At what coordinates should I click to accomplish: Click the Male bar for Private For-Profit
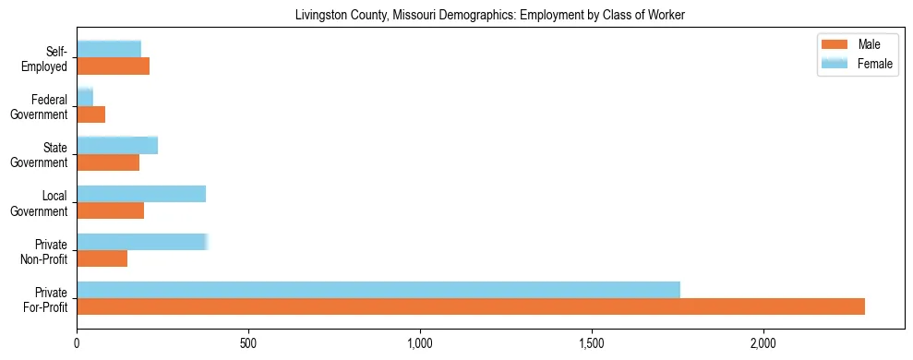471,306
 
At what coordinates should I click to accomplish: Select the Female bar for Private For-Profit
378,290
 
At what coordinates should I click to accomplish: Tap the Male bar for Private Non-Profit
102,258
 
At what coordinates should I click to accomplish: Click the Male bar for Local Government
111,210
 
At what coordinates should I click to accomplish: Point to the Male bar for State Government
108,162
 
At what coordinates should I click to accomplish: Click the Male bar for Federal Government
91,114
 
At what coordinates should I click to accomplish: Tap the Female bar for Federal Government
85,98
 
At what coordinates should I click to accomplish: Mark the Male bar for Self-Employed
114,66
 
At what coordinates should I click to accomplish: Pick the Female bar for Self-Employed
109,50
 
